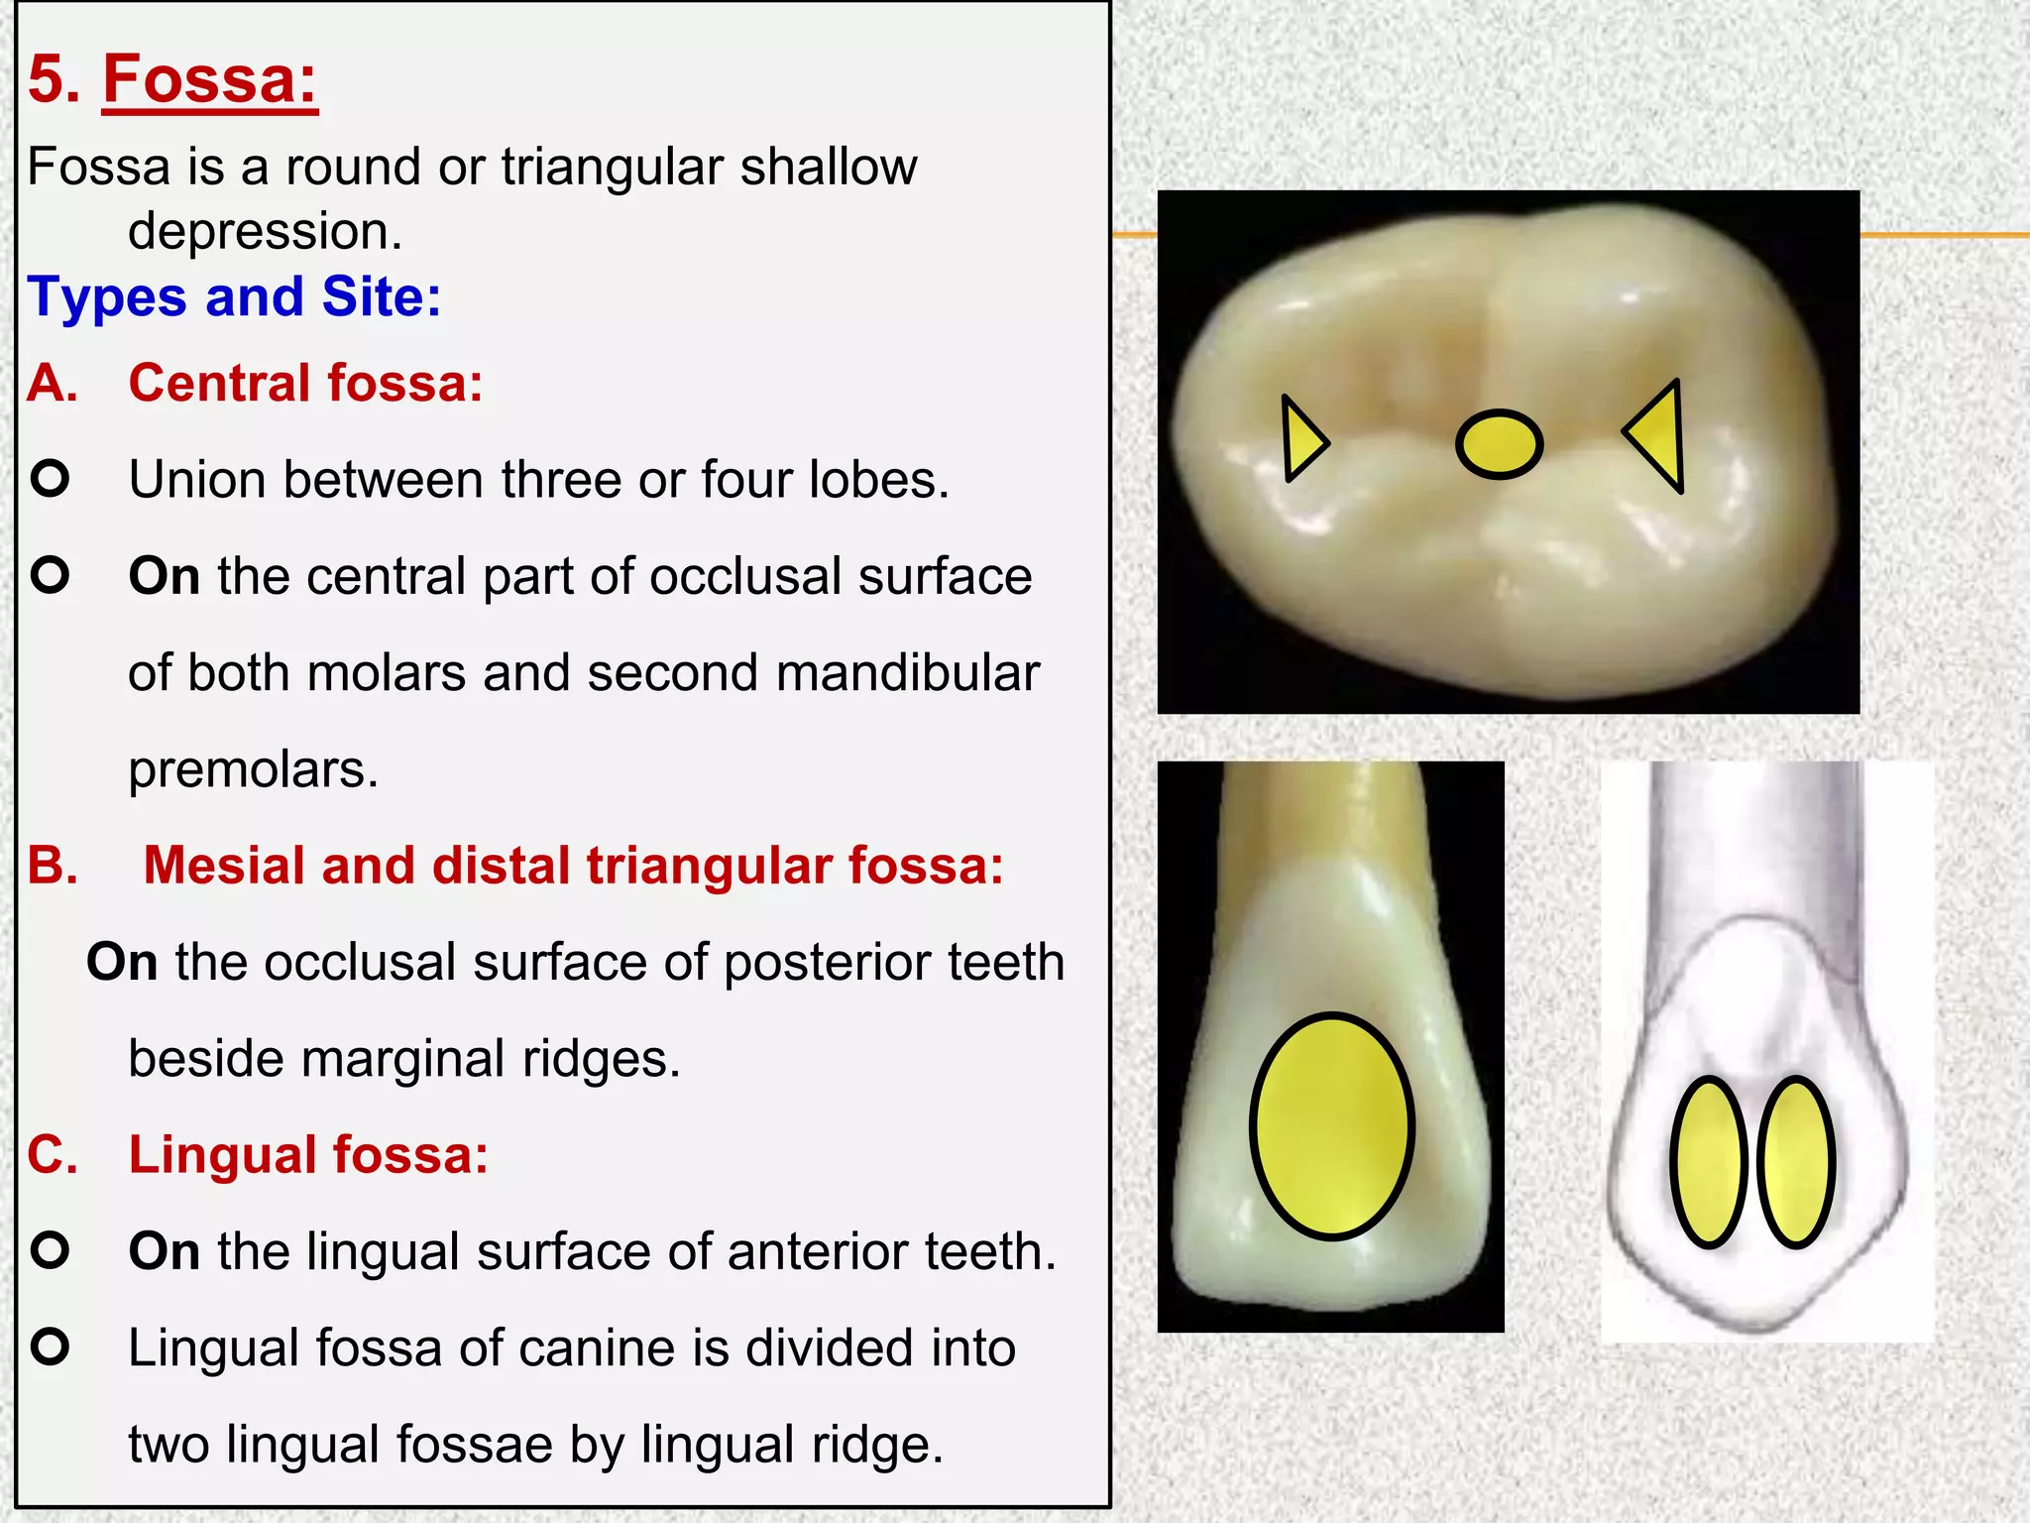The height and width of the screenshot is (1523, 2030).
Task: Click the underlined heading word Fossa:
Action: click(x=210, y=79)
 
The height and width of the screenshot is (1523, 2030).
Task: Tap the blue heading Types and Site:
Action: click(x=234, y=296)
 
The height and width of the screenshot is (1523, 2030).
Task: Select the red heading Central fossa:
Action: click(x=305, y=383)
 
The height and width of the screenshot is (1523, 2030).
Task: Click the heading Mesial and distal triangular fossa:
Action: click(x=573, y=865)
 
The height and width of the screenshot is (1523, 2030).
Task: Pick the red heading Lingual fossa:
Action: click(x=308, y=1155)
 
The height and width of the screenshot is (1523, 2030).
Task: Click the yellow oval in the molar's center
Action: click(x=1499, y=443)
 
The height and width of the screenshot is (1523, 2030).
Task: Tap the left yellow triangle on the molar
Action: click(x=1301, y=439)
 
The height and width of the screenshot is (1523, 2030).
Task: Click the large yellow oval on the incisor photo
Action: click(x=1331, y=1125)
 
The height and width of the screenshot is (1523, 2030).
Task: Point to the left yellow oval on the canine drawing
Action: click(x=1708, y=1161)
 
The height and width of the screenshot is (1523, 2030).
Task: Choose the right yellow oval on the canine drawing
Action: click(x=1795, y=1161)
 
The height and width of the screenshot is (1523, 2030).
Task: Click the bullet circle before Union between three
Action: click(x=50, y=479)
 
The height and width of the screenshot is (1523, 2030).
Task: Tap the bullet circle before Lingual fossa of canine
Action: click(x=50, y=1347)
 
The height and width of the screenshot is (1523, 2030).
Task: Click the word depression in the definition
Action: click(x=264, y=232)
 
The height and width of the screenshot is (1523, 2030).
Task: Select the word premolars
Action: click(x=253, y=769)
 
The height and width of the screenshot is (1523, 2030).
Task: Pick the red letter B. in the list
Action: click(x=53, y=866)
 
